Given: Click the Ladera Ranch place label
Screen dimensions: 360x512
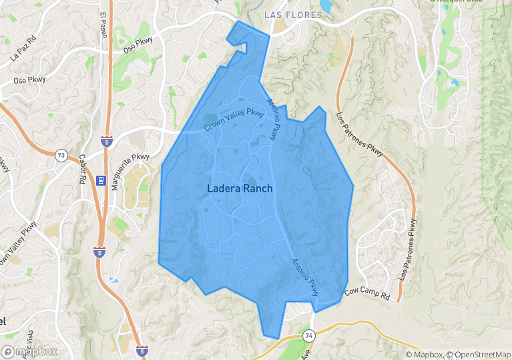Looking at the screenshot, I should click(x=240, y=188).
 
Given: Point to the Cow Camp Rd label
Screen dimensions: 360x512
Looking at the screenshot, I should click(x=366, y=293).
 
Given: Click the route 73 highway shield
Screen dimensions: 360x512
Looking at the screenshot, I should click(x=61, y=156).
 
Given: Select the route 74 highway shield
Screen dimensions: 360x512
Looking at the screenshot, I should click(x=308, y=335).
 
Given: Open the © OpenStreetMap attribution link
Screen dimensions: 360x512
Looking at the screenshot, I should click(x=479, y=355).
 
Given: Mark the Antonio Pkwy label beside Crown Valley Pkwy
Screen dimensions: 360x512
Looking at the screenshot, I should click(x=273, y=120).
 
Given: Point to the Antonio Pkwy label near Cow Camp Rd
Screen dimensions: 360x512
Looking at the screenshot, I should click(x=305, y=277).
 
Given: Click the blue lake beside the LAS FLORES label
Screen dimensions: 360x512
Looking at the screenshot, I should click(x=326, y=6).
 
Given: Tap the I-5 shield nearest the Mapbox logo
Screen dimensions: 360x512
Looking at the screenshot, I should click(x=142, y=350).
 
